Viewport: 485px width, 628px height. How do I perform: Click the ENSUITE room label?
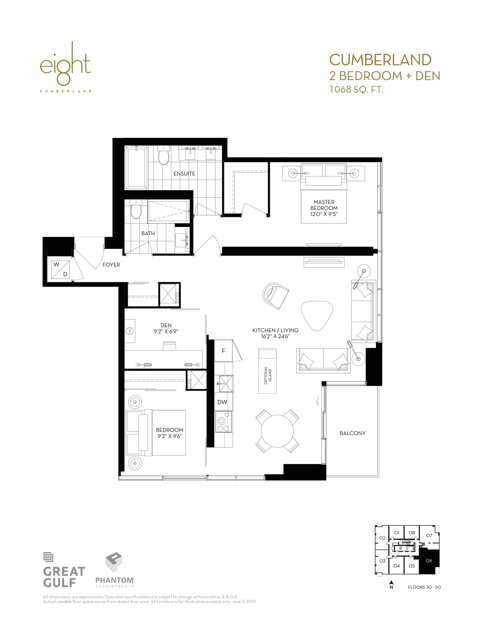184,174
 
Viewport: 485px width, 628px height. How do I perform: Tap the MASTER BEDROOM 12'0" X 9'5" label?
324,208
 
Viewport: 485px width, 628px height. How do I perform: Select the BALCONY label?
353,433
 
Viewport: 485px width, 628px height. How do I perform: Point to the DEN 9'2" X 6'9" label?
166,328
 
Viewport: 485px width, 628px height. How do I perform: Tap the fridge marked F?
223,351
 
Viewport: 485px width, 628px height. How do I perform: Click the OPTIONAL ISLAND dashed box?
267,371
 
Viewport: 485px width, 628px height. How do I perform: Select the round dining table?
277,431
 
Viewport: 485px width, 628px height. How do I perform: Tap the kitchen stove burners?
224,421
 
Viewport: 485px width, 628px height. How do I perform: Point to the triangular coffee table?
317,316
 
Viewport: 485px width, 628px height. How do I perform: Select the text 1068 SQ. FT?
357,90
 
